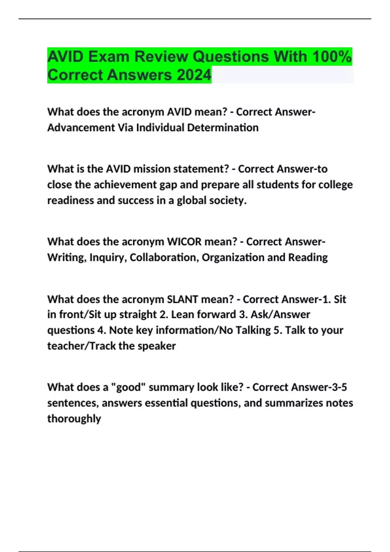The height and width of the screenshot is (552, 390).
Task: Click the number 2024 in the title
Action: (x=194, y=75)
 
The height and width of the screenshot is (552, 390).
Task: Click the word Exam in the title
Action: (x=109, y=56)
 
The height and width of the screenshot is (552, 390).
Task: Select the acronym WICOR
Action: (x=184, y=242)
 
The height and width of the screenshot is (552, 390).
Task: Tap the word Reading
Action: (x=308, y=257)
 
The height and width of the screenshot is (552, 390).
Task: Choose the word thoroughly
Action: (x=74, y=419)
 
